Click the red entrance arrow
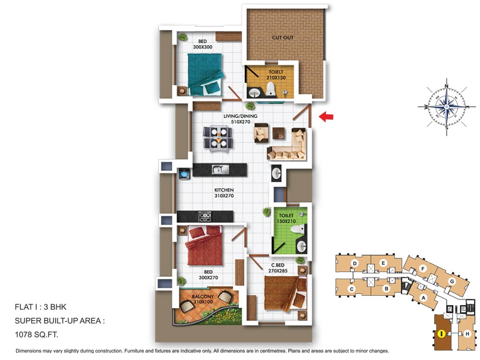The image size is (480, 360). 326,117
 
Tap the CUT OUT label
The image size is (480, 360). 283,37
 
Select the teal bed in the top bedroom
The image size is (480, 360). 204,74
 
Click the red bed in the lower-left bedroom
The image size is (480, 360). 204,245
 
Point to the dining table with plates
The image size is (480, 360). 217,138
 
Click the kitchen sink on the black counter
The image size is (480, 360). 220,169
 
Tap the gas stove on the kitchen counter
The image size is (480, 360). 205,216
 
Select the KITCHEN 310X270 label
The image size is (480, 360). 224,193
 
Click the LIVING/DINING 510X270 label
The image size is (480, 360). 240,119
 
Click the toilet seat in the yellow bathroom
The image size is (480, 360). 270,88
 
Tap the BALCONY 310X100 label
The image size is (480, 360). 203,299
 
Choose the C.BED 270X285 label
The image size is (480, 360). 277,268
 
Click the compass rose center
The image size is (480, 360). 446,107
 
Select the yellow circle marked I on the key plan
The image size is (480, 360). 441,334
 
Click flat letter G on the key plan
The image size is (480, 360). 452,281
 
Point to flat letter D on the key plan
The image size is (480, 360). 355,263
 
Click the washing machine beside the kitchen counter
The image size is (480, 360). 185,174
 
